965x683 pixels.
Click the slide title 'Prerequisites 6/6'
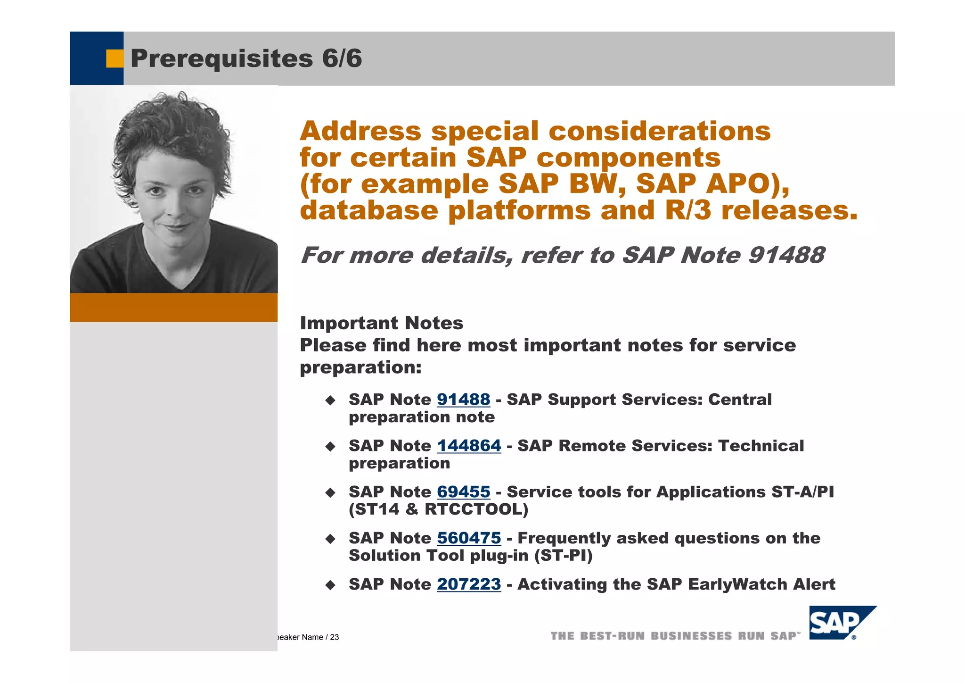click(x=246, y=58)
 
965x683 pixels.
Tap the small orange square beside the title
click(x=114, y=58)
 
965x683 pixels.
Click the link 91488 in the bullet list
click(x=463, y=400)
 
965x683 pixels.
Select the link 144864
click(x=469, y=446)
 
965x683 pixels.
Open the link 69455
click(x=463, y=492)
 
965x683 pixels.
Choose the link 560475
click(x=469, y=538)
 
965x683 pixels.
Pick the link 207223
click(x=469, y=584)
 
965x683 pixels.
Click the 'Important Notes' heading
click(x=381, y=324)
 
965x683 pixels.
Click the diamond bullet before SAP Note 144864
click(x=330, y=446)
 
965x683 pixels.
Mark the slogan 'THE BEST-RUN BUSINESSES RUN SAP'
click(x=675, y=636)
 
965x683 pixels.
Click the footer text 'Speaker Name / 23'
click(x=307, y=637)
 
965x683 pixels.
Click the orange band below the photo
click(x=173, y=307)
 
